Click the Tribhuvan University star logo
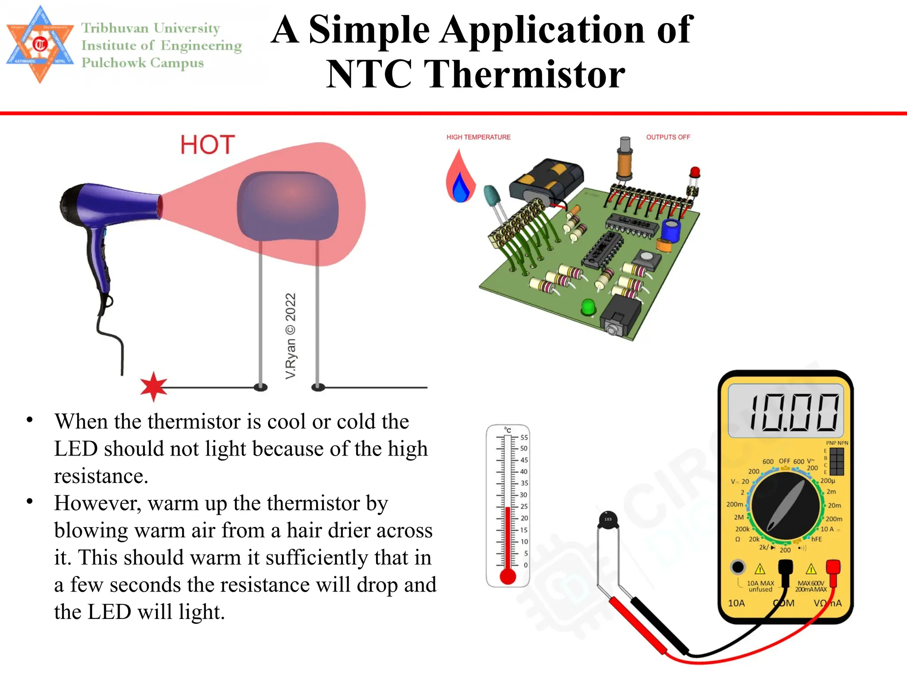[x=40, y=44]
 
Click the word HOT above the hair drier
[x=207, y=145]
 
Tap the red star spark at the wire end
[x=153, y=386]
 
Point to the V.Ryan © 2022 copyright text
[x=291, y=336]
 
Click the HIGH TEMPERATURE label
[x=478, y=137]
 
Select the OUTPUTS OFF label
[x=668, y=137]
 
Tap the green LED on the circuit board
[x=588, y=307]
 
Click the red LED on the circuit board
[x=695, y=172]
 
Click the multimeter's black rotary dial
[x=785, y=507]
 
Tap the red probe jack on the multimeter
[x=833, y=567]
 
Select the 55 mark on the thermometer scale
[x=524, y=437]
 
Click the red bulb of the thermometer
[x=508, y=576]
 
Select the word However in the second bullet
[x=95, y=503]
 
